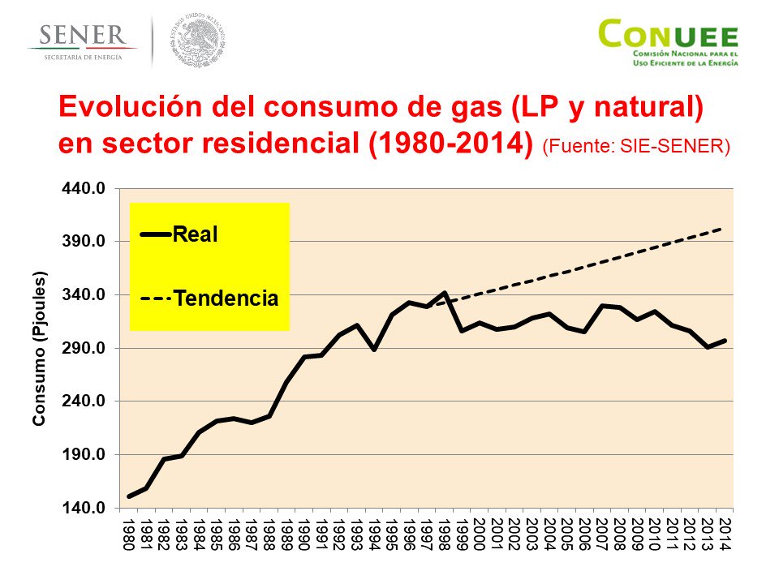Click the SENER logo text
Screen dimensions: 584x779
tap(81, 36)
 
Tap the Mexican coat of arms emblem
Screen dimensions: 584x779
tap(197, 39)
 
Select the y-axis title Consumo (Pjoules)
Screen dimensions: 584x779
tap(38, 349)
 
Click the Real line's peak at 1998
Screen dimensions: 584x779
tap(445, 293)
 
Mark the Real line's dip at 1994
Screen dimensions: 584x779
tap(374, 350)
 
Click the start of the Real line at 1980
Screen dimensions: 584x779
tap(128, 496)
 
